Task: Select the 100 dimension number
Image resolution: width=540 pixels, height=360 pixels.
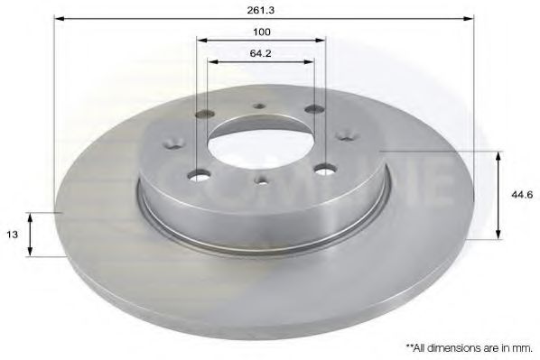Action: click(262, 32)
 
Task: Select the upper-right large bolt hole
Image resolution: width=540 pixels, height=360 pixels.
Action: click(314, 110)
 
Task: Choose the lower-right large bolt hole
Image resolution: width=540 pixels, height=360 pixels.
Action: click(321, 169)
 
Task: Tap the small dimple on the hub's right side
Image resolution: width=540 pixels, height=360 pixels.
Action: click(343, 137)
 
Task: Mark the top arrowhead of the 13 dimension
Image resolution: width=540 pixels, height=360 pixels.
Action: click(32, 216)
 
